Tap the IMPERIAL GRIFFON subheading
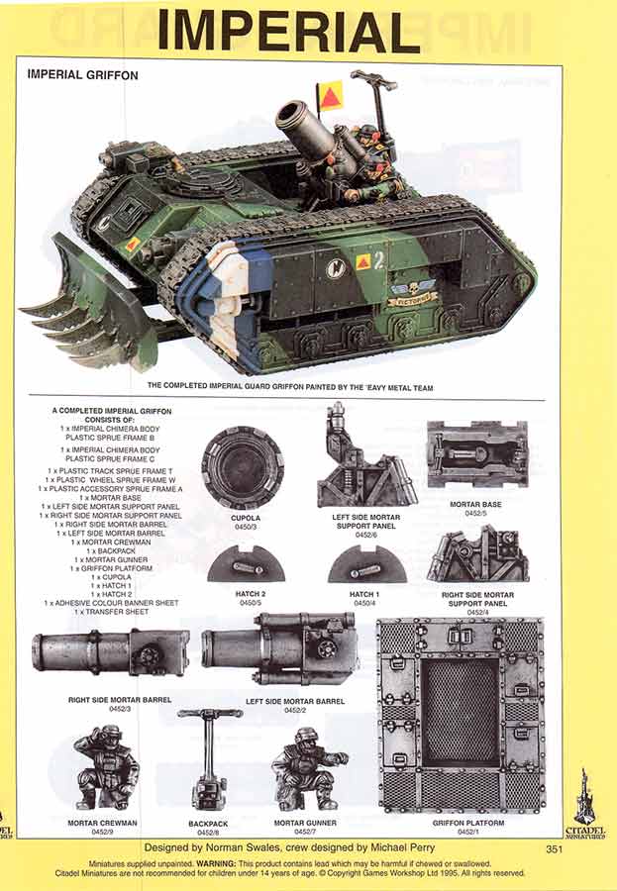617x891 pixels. pos(82,74)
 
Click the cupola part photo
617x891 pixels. pos(243,467)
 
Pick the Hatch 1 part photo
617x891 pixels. pos(367,566)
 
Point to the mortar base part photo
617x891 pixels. pos(477,454)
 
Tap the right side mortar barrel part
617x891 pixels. pos(109,653)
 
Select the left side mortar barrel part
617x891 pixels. pos(280,649)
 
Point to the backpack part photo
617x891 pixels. pos(210,759)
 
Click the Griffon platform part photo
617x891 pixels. pos(461,715)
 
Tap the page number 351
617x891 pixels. pos(555,848)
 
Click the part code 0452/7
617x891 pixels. pos(467,832)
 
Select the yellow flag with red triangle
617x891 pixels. pos(330,96)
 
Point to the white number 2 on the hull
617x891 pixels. pos(379,260)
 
